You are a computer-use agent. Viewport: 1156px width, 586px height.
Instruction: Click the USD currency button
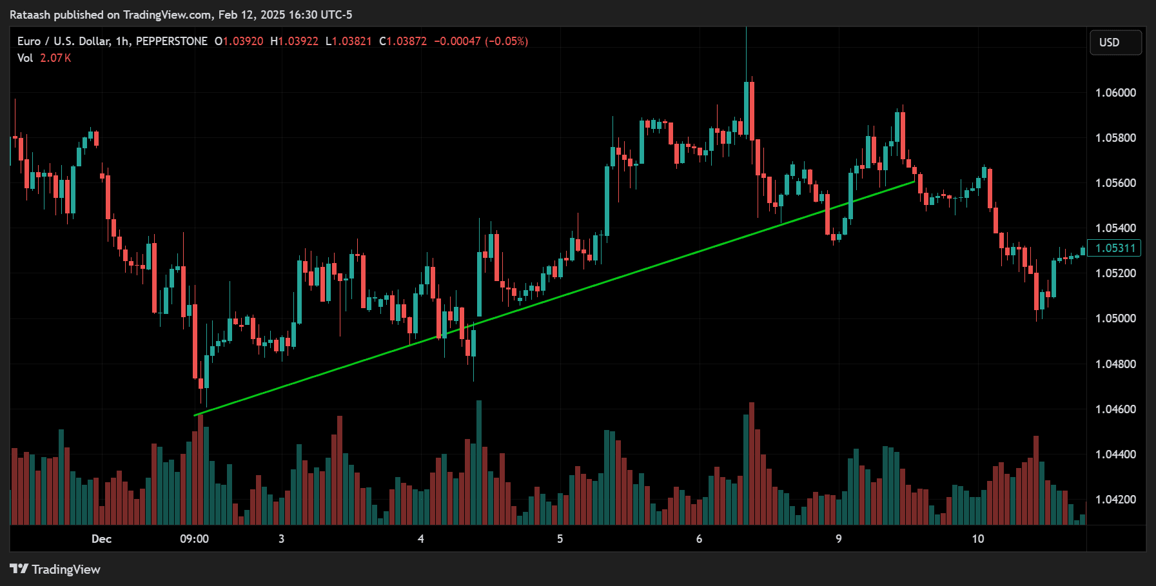point(1115,43)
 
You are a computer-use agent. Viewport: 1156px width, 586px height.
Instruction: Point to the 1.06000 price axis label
point(1115,93)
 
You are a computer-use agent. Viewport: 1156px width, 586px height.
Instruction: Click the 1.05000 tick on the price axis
point(1115,318)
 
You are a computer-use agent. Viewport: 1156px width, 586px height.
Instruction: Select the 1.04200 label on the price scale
point(1115,500)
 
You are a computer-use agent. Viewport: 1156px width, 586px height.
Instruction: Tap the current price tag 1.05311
point(1115,248)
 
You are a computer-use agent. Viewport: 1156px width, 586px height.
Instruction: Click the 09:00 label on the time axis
point(194,539)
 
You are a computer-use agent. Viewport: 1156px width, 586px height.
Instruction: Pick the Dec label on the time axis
point(101,539)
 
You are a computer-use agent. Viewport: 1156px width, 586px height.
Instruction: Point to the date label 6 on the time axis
point(699,539)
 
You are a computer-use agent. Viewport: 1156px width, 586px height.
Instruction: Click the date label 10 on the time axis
point(977,539)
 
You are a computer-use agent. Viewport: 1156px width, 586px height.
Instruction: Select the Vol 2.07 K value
point(55,58)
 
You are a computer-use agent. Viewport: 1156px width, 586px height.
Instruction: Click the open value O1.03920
point(239,41)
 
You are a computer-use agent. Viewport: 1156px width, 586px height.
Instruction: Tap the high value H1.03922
point(295,41)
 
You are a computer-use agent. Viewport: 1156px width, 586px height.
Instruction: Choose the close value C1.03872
point(403,41)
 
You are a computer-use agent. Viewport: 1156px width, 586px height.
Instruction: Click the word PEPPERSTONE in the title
point(171,41)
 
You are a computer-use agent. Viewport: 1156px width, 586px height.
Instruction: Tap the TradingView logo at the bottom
point(55,569)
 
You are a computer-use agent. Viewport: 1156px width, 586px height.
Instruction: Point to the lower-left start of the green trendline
point(195,415)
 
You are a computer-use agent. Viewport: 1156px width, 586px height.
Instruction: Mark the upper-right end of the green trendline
point(914,182)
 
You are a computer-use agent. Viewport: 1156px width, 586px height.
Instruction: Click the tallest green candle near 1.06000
point(747,108)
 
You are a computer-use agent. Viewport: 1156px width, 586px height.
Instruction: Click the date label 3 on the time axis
point(281,539)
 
